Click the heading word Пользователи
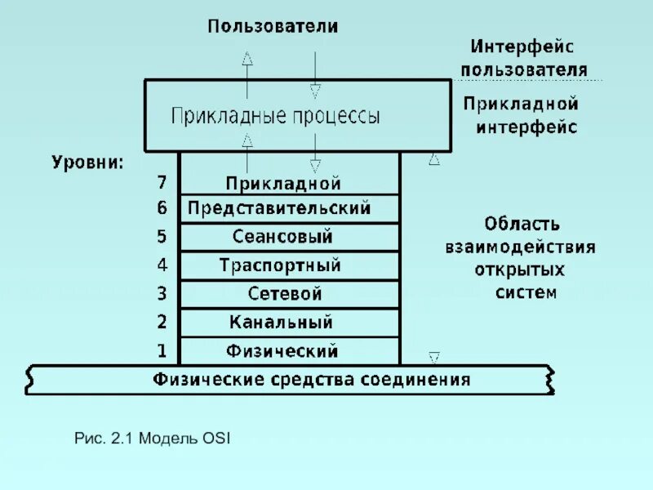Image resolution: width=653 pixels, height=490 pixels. point(272,26)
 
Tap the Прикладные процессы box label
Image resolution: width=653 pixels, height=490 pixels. point(275,116)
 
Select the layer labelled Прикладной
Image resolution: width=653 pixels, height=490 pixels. point(283,184)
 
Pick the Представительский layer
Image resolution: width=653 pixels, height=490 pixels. point(279,208)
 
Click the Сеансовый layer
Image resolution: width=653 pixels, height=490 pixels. point(282,237)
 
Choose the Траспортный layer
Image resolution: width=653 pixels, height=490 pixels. point(280,265)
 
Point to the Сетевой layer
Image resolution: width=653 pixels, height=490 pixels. point(284,293)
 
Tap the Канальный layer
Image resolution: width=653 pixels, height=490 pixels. point(281,322)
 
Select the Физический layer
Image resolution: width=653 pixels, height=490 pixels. point(282,351)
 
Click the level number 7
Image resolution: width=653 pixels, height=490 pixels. point(162,183)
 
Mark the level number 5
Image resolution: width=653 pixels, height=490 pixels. point(162,237)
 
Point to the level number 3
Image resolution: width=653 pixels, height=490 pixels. point(162,293)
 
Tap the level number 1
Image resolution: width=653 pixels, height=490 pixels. point(162,351)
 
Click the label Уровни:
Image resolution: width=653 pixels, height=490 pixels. point(88,163)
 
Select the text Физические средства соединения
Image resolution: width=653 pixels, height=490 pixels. point(312,380)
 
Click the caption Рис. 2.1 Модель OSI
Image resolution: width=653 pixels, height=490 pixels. point(153,439)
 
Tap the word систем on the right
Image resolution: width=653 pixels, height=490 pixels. point(526,292)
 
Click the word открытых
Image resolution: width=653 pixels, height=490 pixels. point(519,269)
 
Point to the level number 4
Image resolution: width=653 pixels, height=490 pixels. point(162,265)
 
